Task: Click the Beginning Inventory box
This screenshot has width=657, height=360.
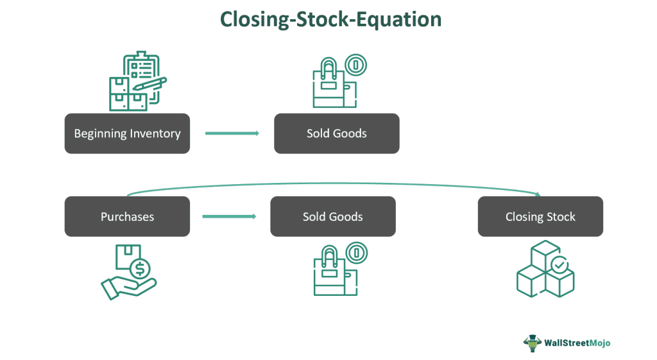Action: tap(127, 133)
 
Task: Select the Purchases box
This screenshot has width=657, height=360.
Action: tap(127, 216)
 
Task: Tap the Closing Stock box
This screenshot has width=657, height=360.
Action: tap(540, 216)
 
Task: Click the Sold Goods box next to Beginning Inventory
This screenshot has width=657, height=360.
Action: tap(336, 133)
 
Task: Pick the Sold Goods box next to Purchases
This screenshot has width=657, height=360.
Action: tap(332, 216)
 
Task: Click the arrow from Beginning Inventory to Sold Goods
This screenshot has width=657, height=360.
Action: tap(232, 133)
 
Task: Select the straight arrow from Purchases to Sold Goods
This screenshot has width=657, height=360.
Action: tap(229, 216)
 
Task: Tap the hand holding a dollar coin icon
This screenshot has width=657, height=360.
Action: tap(128, 271)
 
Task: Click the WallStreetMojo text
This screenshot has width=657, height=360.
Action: tap(576, 343)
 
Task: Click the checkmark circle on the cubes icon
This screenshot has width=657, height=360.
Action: tap(559, 264)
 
